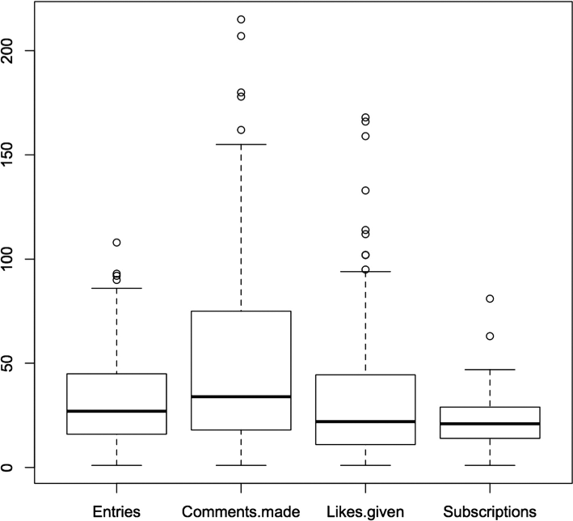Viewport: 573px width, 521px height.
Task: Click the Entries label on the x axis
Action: [116, 511]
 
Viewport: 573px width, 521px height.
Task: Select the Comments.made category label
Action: [241, 511]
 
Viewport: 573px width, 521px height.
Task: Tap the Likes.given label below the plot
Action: [364, 511]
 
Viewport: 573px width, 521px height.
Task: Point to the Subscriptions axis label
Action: [489, 511]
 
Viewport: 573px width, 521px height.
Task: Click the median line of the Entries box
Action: [116, 411]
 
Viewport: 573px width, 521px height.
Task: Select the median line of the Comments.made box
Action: [241, 396]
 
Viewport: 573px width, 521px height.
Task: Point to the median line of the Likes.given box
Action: [364, 421]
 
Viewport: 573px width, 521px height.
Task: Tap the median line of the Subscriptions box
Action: [489, 423]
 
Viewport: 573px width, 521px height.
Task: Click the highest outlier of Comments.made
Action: [241, 19]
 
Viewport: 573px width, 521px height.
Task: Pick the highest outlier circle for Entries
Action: [116, 242]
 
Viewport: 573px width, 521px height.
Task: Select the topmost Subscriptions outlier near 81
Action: [489, 299]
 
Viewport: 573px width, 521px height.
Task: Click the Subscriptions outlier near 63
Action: [489, 336]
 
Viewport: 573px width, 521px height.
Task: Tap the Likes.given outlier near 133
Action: [364, 190]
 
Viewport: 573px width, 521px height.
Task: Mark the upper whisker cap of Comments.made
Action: [241, 144]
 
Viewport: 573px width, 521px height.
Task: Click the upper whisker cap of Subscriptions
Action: [489, 370]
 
